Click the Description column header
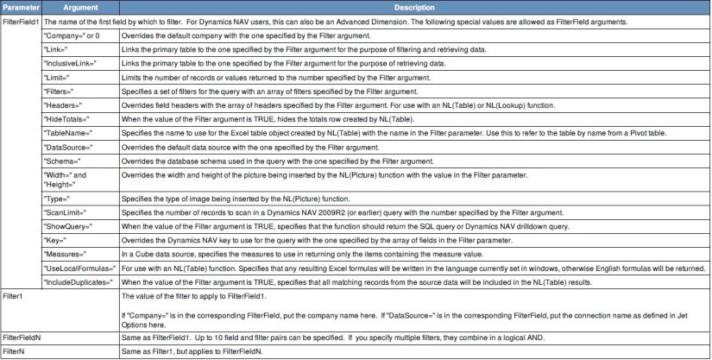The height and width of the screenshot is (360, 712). pos(415,7)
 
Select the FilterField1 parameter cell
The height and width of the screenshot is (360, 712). pos(22,22)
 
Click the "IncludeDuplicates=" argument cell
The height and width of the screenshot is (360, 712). pos(79,281)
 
